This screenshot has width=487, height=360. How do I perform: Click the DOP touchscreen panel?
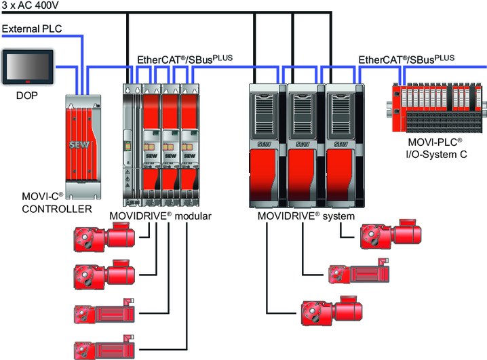point(28,67)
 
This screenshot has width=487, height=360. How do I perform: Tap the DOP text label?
point(28,96)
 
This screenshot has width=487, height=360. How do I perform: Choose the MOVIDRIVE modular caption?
point(161,216)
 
